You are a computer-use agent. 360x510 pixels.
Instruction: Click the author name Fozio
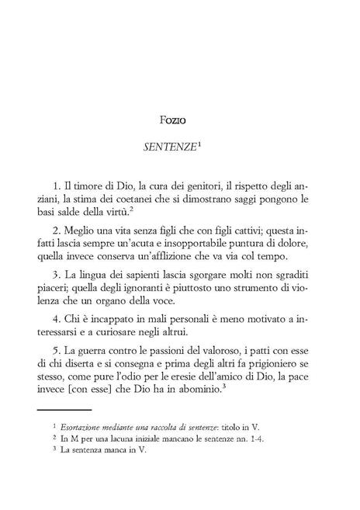click(179, 120)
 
